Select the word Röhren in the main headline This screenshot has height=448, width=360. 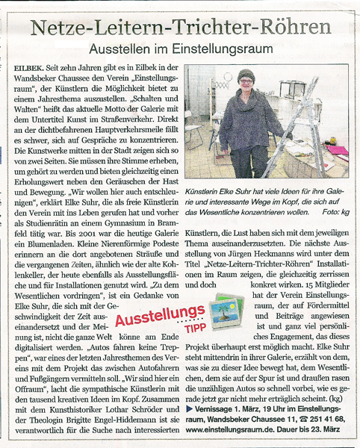tap(295, 28)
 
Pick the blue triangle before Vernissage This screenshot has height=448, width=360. tap(190, 408)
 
